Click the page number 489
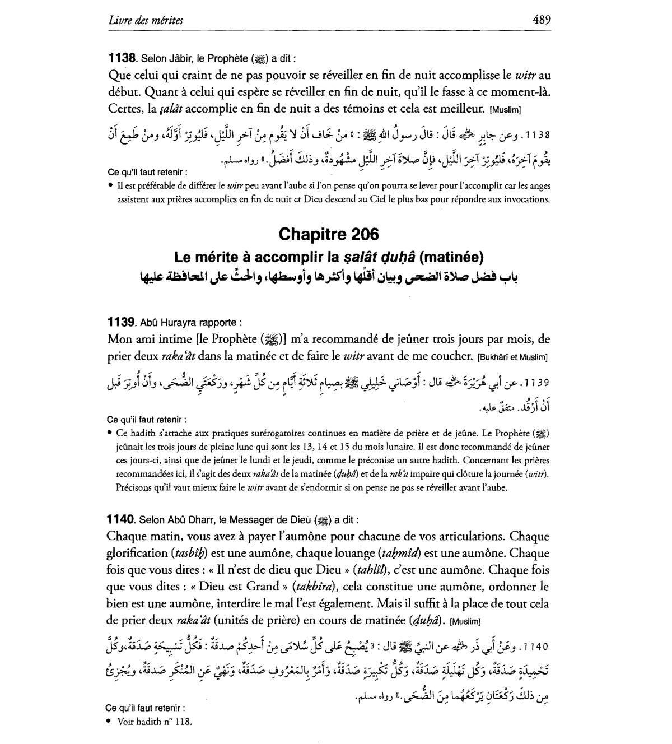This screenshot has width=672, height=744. coord(542,20)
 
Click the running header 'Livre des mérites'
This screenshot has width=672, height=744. coord(146,21)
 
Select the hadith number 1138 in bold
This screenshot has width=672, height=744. coord(122,58)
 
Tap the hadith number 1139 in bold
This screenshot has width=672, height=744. coord(121,322)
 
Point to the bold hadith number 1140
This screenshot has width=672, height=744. coord(121,519)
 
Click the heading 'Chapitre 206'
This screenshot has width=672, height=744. coord(328,234)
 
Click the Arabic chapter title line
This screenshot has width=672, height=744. coord(328,277)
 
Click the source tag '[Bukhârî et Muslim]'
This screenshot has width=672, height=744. coord(512,357)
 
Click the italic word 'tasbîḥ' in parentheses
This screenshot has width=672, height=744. coord(191,554)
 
